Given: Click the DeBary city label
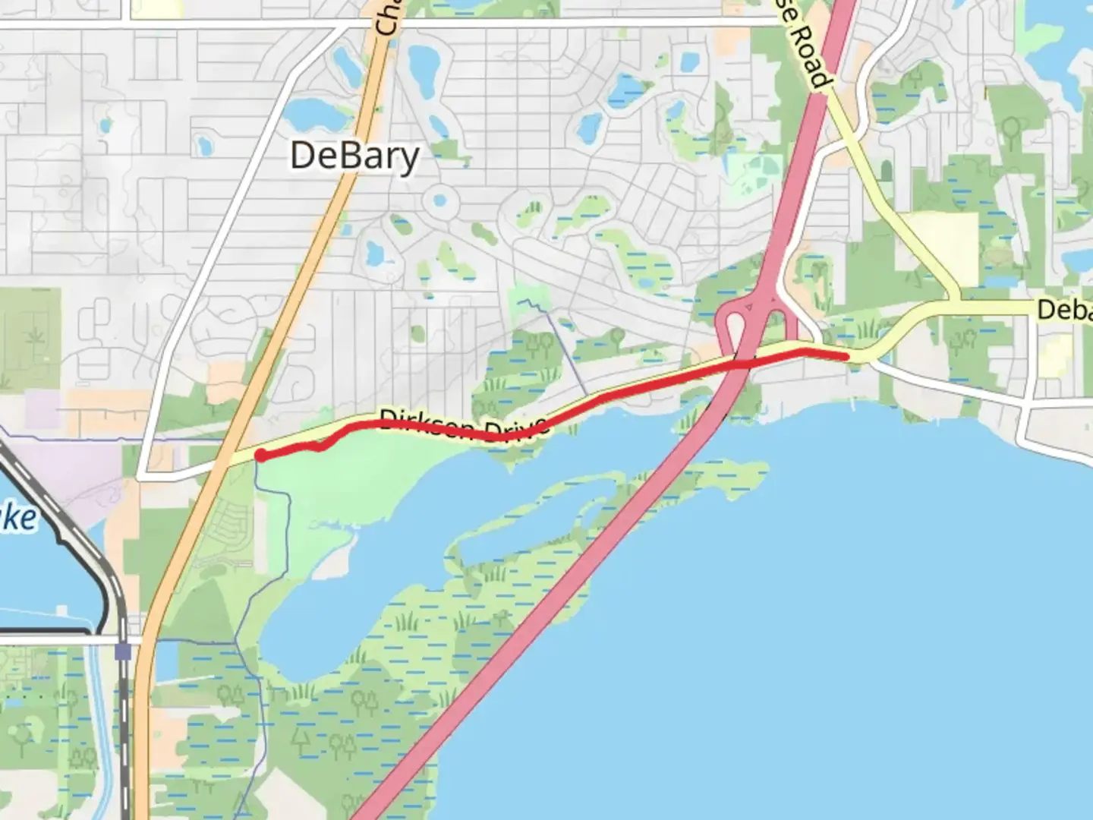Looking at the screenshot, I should (354, 156).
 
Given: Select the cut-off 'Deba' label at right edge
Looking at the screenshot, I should (1064, 310).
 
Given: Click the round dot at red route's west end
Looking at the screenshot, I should (260, 456).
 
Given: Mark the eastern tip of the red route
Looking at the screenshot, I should (846, 355).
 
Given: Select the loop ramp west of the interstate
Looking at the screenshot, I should (731, 323).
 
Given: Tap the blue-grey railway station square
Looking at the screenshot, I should (124, 651).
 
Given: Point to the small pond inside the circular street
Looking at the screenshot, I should (438, 202).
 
